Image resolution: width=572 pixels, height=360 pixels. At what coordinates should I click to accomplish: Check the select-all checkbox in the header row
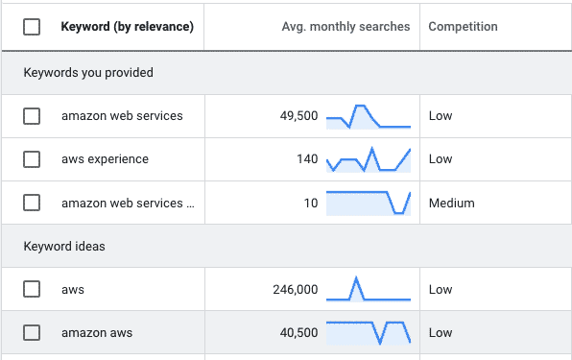tap(32, 27)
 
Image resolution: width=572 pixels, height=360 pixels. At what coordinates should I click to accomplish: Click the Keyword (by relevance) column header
tap(127, 27)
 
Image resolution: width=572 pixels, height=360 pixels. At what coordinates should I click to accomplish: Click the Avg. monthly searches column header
tap(346, 27)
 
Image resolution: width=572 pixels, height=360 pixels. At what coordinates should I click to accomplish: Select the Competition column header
tap(463, 27)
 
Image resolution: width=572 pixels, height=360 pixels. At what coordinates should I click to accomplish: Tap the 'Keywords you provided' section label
tap(88, 72)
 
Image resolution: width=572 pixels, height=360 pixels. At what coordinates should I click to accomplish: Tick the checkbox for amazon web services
tap(32, 116)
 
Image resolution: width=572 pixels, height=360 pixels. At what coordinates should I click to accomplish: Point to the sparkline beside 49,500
tap(368, 116)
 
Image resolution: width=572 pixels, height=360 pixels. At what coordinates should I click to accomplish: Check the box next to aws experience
tap(32, 159)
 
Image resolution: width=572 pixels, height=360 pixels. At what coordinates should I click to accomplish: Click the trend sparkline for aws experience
tap(368, 159)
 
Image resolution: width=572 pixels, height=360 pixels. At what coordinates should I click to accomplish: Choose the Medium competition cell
tap(451, 203)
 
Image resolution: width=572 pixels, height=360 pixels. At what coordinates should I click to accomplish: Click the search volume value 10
tap(310, 203)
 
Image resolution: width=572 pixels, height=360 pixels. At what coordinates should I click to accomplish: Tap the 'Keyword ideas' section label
tap(64, 247)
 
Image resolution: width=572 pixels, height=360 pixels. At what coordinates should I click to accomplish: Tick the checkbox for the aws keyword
tap(32, 289)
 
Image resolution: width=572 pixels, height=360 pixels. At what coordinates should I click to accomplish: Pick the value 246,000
tap(294, 289)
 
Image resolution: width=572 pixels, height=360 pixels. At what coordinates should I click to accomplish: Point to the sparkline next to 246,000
tap(368, 289)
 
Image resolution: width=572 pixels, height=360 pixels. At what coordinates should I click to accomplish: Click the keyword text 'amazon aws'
tap(97, 333)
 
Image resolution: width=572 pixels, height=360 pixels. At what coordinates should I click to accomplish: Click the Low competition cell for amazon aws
tap(441, 333)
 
